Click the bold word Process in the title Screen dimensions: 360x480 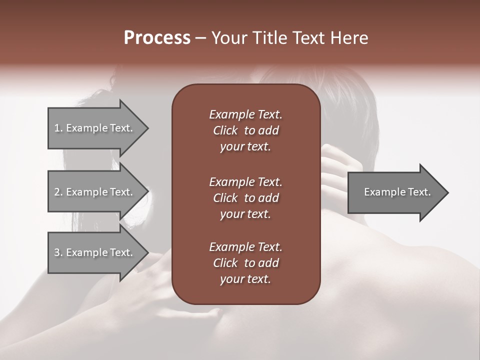point(157,38)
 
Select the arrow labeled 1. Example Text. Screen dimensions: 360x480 point(93,128)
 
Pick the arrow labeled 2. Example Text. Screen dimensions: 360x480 point(93,192)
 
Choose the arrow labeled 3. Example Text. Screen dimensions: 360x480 point(93,252)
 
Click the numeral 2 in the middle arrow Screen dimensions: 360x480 point(56,192)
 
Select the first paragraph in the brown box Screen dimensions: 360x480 point(245,130)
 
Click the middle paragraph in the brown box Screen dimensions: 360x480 point(245,197)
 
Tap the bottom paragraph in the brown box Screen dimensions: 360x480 point(245,263)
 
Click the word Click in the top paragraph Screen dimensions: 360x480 point(225,130)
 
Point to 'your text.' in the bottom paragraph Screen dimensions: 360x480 point(245,279)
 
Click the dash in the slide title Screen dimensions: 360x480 point(200,38)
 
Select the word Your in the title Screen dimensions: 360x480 point(227,38)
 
